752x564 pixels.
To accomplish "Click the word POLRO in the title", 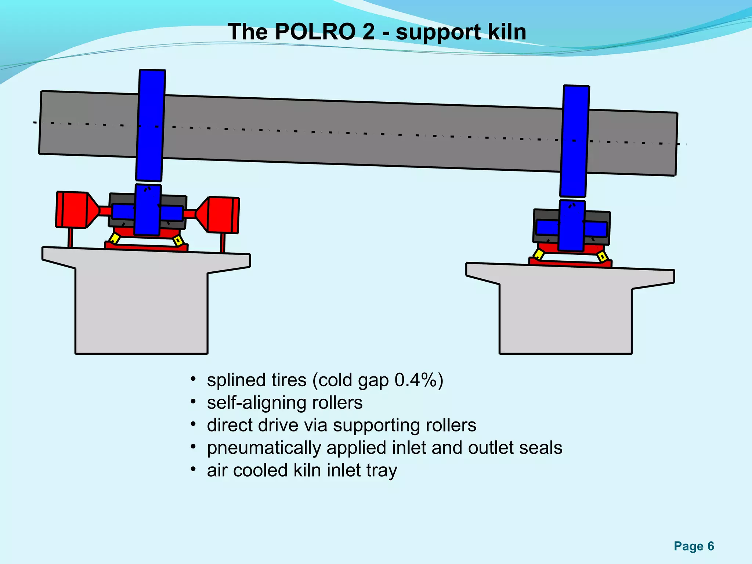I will pyautogui.click(x=314, y=32).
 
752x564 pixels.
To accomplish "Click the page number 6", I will pyautogui.click(x=711, y=546).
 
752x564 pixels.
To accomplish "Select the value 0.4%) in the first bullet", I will pyautogui.click(x=419, y=380).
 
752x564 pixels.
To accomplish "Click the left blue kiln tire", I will pyautogui.click(x=151, y=125).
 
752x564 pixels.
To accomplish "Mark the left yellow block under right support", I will pyautogui.click(x=539, y=254).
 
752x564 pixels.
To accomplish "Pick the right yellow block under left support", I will pyautogui.click(x=178, y=241).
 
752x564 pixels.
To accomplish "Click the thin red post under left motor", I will pyautogui.click(x=70, y=238).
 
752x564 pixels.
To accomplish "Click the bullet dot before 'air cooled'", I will pyautogui.click(x=193, y=469).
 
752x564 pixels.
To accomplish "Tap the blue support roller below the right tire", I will pyautogui.click(x=571, y=226).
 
